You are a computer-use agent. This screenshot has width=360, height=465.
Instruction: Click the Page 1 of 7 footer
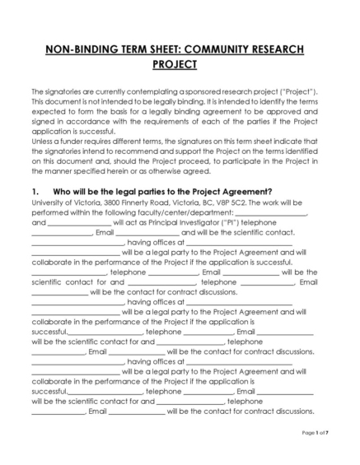(316, 433)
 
